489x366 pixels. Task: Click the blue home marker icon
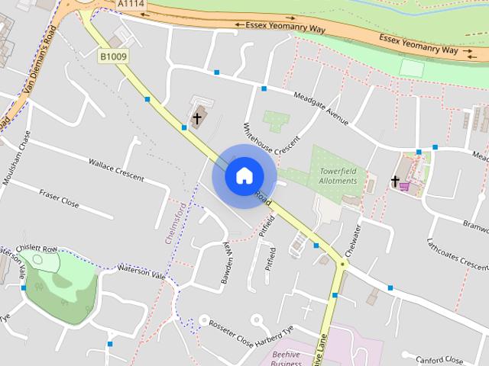click(244, 175)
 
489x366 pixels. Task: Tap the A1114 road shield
click(130, 5)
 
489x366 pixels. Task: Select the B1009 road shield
click(113, 56)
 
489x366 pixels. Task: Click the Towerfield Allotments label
click(338, 176)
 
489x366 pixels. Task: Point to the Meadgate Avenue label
click(322, 108)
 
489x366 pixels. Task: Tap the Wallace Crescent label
click(116, 169)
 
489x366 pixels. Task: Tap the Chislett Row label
click(40, 249)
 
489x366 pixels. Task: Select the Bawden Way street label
click(226, 264)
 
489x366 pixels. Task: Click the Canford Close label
click(439, 358)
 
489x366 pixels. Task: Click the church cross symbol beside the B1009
click(197, 118)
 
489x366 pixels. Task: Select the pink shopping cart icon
click(404, 185)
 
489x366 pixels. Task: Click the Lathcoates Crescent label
click(458, 252)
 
